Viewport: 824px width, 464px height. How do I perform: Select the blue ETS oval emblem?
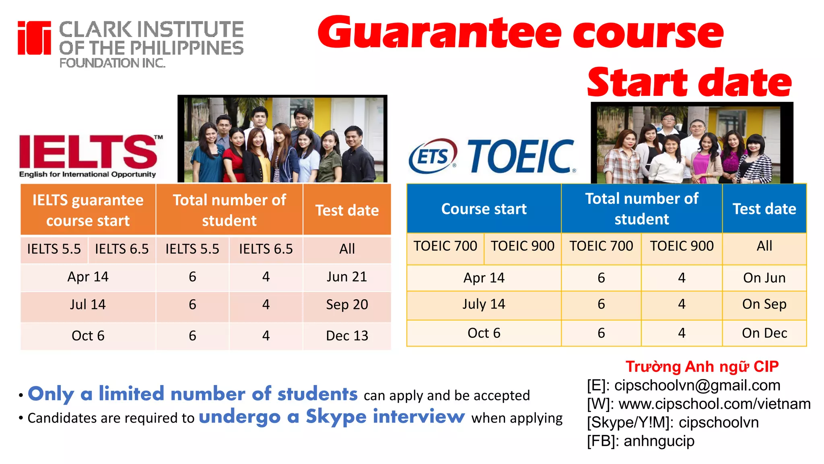tap(433, 156)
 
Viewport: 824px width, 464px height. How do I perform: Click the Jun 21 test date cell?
tap(347, 277)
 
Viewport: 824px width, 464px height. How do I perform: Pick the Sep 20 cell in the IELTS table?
tap(347, 305)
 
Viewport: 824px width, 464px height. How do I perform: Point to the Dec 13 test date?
tap(347, 336)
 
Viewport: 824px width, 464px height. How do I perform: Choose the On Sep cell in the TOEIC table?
tap(764, 304)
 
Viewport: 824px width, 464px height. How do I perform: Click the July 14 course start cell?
tap(484, 304)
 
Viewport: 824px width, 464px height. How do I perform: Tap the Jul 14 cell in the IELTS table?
tap(88, 305)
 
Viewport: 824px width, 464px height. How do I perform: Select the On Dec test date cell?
tap(764, 333)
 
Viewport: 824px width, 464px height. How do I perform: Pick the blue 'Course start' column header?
tap(484, 209)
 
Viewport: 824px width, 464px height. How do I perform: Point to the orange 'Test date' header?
tap(347, 210)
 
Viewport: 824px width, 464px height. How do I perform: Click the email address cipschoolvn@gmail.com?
tap(697, 385)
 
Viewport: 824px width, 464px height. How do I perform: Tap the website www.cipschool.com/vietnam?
tap(715, 404)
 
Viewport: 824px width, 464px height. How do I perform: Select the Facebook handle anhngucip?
tap(659, 441)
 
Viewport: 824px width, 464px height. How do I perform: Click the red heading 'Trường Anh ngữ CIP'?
tap(702, 367)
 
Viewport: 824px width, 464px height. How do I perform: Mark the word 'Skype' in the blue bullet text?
tap(336, 416)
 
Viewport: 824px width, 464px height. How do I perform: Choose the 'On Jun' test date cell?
tap(764, 278)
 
